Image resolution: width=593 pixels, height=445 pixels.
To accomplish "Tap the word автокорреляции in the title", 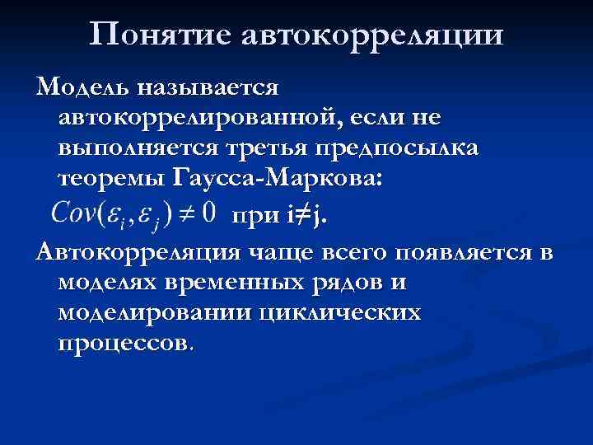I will click(x=372, y=35).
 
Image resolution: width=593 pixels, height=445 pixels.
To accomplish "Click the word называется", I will click(x=209, y=85).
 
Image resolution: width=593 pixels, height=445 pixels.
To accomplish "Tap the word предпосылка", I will click(x=420, y=148).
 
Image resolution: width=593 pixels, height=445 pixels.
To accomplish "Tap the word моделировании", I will click(x=152, y=313).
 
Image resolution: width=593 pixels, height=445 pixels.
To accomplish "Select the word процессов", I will click(x=126, y=344).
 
